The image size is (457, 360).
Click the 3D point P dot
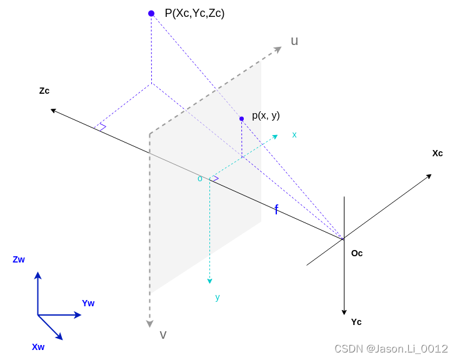coord(151,13)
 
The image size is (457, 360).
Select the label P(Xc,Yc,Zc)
coord(194,13)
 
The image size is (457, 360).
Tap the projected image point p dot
coord(241,119)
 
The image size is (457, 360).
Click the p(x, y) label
coord(266,115)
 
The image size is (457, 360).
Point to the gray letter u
coord(294,41)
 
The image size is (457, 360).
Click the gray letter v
coord(163,334)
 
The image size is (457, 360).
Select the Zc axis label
coord(44,91)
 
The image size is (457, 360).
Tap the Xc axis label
coord(438,153)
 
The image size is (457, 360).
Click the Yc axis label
coord(356,322)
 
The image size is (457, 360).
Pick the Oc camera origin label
coord(357,253)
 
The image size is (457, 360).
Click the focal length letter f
coord(276,210)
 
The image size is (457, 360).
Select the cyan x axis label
coord(294,134)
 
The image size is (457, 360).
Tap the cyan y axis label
coord(218,297)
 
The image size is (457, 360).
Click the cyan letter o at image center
coord(200,179)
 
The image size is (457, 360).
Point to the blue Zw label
coord(19,259)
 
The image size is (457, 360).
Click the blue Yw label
coord(88,303)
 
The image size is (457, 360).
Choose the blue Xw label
coord(38,346)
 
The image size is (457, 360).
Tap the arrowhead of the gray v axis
coord(150,323)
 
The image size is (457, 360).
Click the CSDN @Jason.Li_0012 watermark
coord(391,349)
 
